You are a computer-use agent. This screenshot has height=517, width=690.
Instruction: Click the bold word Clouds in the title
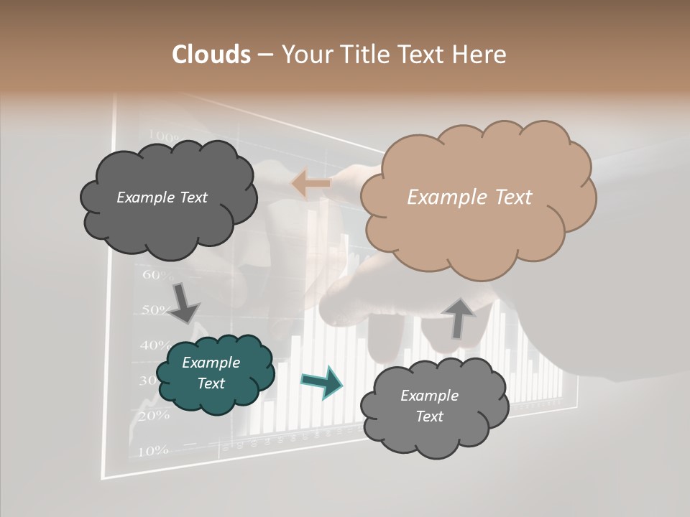(211, 55)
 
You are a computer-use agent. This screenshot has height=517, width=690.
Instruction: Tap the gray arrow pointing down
(183, 302)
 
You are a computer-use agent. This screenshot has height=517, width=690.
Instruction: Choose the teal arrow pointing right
(321, 381)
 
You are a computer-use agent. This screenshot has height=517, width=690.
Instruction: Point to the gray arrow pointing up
(459, 317)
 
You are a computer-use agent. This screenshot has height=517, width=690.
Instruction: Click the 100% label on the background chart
(163, 136)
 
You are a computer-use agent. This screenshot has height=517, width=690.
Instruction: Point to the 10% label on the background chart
(152, 451)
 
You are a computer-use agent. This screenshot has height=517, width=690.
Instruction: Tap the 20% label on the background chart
(152, 416)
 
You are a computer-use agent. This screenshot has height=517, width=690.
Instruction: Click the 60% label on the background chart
(158, 275)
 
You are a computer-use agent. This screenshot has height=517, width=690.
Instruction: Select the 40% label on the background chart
(155, 345)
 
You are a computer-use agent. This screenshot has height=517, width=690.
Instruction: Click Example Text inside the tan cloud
(469, 197)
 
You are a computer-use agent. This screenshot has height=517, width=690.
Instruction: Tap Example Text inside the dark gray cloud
(162, 197)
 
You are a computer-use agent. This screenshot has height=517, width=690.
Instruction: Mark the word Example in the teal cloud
(211, 363)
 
